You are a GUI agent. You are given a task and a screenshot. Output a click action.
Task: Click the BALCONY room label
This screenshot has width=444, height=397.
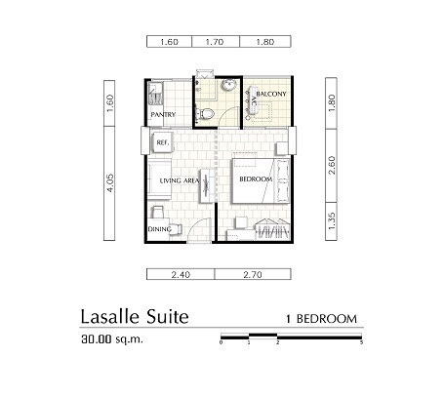tap(271, 94)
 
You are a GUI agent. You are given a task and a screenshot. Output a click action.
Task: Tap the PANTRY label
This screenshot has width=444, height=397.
tap(163, 114)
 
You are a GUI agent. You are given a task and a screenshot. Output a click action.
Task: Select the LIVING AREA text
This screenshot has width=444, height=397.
tap(180, 180)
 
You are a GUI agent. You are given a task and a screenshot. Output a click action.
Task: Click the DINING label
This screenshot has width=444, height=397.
tap(160, 229)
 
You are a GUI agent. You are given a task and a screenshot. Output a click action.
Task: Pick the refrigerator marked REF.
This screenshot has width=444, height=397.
tap(162, 142)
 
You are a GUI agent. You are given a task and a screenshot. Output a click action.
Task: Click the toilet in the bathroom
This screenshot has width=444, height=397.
tap(204, 113)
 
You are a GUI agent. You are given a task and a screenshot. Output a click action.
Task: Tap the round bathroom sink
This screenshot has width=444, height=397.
tap(228, 85)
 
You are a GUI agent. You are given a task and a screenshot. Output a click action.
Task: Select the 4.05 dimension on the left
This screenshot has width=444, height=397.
tap(110, 183)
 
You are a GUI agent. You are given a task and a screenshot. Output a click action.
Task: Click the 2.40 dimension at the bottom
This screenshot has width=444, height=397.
tap(181, 275)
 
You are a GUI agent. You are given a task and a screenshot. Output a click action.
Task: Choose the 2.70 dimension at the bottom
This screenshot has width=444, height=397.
tap(253, 275)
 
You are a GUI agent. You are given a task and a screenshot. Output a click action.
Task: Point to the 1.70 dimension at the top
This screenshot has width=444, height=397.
tap(215, 42)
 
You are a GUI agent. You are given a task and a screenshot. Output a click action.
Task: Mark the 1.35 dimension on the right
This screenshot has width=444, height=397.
tap(332, 221)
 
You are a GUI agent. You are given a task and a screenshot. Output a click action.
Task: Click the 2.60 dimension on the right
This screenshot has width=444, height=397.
tap(332, 165)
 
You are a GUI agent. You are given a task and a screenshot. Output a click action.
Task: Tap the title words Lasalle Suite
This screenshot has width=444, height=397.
tap(135, 316)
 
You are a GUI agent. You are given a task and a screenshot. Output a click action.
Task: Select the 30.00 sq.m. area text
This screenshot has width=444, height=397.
tap(112, 339)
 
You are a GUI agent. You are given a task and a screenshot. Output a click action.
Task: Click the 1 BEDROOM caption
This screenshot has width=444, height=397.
tap(321, 319)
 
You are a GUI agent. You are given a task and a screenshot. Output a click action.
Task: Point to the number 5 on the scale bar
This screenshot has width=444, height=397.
tap(361, 342)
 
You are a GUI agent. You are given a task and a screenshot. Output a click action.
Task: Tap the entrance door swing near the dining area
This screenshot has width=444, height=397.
tap(199, 230)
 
